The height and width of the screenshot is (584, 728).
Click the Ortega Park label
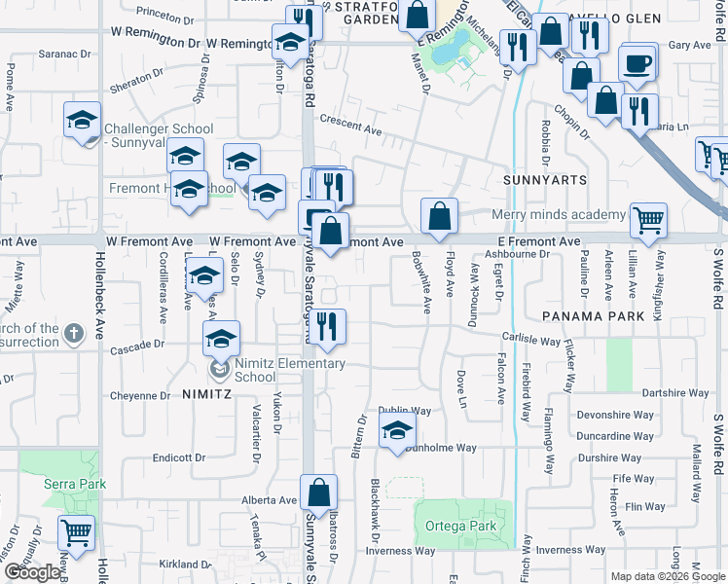(x=460, y=527)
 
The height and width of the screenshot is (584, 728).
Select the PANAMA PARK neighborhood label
(x=595, y=317)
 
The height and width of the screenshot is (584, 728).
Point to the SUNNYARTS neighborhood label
(x=544, y=181)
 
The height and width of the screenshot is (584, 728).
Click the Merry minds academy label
(x=558, y=215)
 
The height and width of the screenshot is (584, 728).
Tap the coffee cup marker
(x=637, y=65)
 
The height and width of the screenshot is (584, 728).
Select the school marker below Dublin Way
(x=396, y=431)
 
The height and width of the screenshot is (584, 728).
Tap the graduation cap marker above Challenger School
(x=83, y=120)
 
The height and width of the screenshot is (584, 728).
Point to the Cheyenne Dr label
(x=139, y=396)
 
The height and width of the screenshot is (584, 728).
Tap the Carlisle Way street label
(x=530, y=341)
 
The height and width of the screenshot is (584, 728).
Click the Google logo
(x=32, y=572)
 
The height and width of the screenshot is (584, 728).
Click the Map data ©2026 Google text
(x=668, y=576)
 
